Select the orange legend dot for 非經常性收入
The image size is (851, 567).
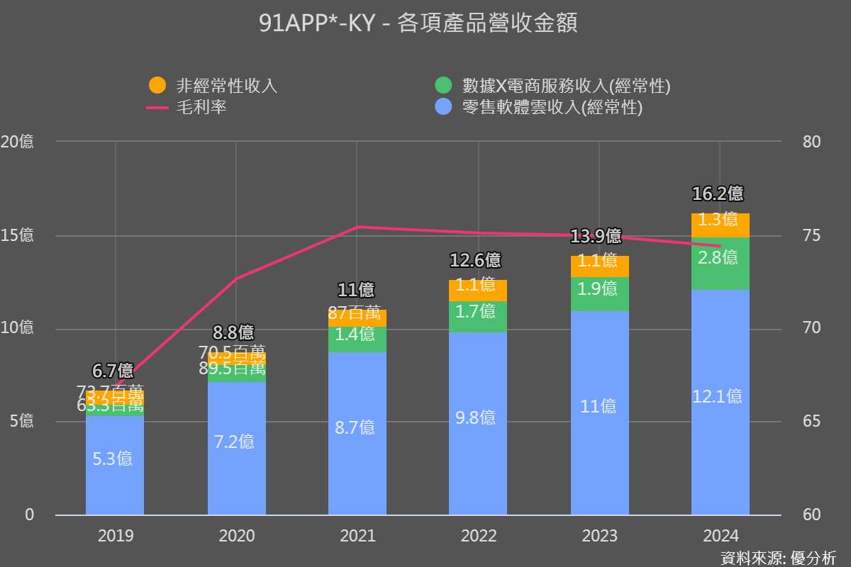[x=157, y=86]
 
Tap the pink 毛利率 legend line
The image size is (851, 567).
[x=157, y=108]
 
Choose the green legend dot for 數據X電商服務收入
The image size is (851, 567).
[x=443, y=86]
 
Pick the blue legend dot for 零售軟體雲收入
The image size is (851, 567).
[x=443, y=108]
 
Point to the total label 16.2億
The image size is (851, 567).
[x=718, y=193]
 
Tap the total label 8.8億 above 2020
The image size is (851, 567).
[x=233, y=332]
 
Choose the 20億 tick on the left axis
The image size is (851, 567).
[x=17, y=142]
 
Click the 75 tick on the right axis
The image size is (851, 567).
[x=812, y=235]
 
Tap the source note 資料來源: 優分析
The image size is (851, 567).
[x=778, y=557]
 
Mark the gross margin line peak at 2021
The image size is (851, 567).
[x=357, y=227]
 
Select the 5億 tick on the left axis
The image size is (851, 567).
[x=21, y=422]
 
